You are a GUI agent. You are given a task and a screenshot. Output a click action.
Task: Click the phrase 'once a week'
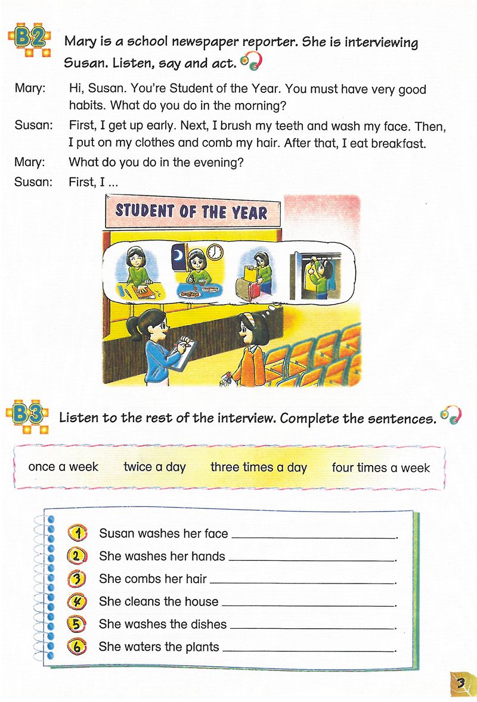pos(63,467)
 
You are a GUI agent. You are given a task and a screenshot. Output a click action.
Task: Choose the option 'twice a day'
pos(154,467)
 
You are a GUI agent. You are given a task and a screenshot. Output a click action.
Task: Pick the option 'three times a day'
pos(258,467)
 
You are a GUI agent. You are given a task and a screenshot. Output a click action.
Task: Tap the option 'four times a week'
pos(380,467)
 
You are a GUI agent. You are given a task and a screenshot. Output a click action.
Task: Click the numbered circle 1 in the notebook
pos(78,532)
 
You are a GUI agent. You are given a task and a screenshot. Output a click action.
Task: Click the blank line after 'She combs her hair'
pos(303,582)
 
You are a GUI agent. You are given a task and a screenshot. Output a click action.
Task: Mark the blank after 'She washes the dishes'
pos(313,627)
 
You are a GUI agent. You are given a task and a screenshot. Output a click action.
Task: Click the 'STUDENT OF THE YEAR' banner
pos(191,211)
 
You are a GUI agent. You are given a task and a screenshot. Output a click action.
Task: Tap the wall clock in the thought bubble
pos(215,252)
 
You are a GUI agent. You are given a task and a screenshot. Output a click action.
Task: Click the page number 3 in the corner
pos(460,682)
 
